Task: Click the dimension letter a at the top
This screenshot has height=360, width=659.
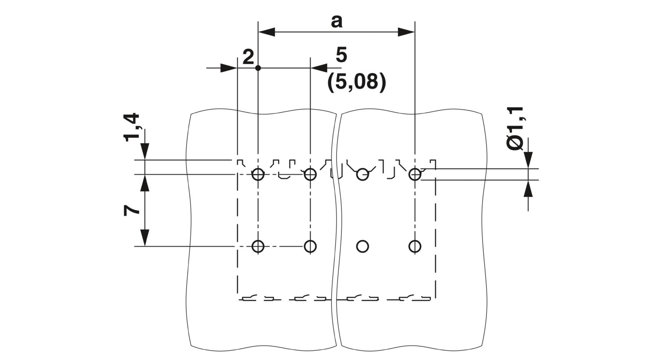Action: click(x=337, y=22)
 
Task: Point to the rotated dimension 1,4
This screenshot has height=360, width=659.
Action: click(x=131, y=127)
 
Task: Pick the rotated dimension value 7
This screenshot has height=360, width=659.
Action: click(x=131, y=211)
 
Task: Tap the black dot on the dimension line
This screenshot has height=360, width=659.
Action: click(x=258, y=68)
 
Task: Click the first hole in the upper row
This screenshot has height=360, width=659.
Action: click(x=258, y=175)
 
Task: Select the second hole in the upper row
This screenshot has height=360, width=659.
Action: click(x=310, y=175)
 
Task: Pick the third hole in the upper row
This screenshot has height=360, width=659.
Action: click(x=362, y=175)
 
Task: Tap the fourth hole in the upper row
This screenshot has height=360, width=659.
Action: click(x=415, y=175)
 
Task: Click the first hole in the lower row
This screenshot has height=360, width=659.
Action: click(x=258, y=246)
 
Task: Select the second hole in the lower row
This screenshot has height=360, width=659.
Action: click(x=310, y=246)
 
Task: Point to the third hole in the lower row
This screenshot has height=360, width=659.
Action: click(x=362, y=246)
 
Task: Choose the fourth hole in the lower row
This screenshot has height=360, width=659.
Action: click(x=415, y=246)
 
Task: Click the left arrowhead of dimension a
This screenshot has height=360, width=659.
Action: click(x=267, y=32)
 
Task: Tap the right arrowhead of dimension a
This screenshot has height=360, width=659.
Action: click(x=406, y=32)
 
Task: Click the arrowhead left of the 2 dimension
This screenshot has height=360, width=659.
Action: click(x=229, y=68)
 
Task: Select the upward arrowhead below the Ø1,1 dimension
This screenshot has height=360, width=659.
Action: click(x=529, y=188)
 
